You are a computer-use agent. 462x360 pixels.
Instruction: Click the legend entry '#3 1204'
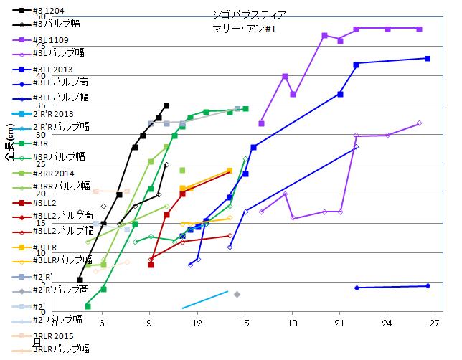tap(47, 11)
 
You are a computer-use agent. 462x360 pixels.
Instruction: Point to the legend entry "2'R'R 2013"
tap(53, 113)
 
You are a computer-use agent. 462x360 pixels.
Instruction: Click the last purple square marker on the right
tap(419, 29)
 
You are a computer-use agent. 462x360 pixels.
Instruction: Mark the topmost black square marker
tap(166, 106)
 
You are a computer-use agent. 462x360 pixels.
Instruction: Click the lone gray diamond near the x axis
tap(237, 295)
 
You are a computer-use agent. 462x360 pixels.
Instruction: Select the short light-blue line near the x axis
tap(205, 300)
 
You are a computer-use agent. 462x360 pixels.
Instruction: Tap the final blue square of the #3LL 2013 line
tap(428, 58)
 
